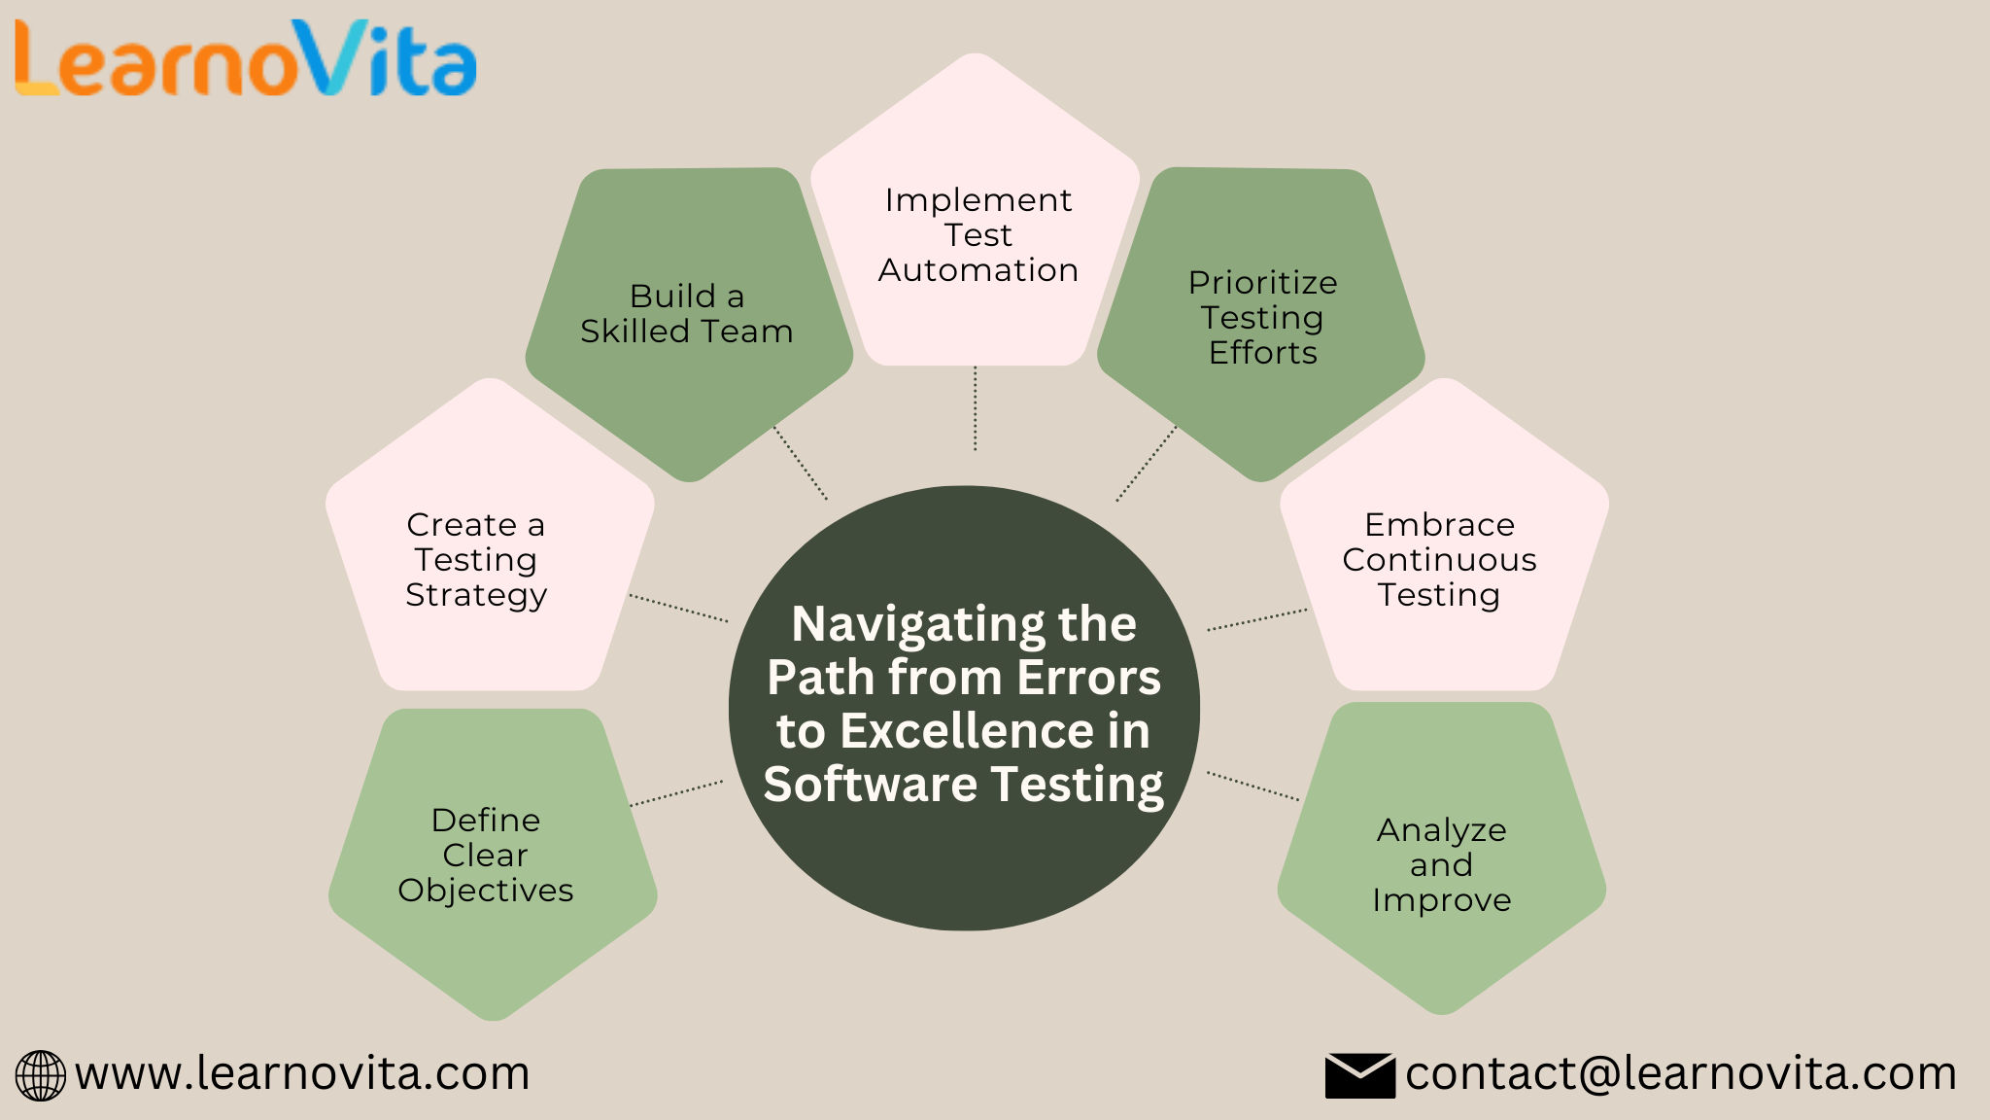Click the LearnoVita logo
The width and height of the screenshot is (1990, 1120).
point(245,60)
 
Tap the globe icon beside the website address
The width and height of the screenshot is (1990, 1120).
point(41,1075)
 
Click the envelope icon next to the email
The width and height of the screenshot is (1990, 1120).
point(1359,1075)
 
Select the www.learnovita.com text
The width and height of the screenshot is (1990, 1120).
point(302,1073)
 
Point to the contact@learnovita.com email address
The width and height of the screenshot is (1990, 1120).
point(1680,1073)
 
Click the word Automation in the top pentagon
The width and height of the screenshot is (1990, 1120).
point(978,270)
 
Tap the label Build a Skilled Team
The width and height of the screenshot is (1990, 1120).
point(686,313)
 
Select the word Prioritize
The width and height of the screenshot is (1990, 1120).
point(1262,283)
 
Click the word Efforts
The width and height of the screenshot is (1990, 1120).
point(1262,353)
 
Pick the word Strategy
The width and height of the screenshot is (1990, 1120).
point(476,595)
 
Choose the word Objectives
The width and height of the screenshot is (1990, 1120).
point(485,891)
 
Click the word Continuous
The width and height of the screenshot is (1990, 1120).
point(1439,560)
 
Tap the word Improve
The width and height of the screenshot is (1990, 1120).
point(1441,901)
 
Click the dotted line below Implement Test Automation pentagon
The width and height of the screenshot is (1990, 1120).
point(975,408)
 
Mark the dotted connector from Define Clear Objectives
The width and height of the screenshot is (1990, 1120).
point(676,793)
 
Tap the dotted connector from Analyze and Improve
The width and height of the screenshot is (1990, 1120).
point(1253,787)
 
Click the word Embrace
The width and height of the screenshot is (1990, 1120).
point(1439,525)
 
